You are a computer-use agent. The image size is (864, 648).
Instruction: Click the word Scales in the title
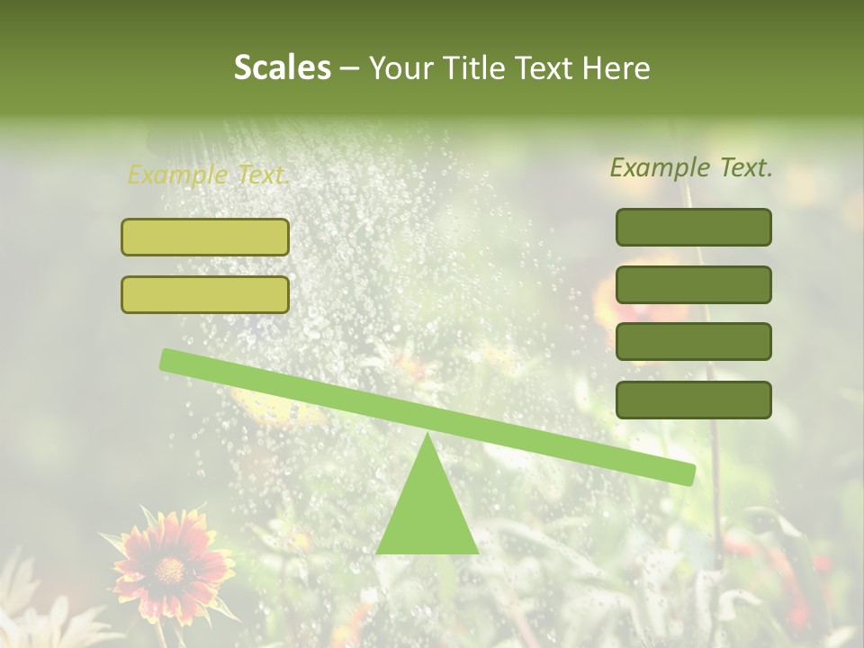pos(283,67)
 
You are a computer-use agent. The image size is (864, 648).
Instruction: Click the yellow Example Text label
pos(208,175)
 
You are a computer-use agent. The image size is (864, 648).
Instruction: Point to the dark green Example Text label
pos(691,167)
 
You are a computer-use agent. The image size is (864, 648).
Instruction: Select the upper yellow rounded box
pos(205,237)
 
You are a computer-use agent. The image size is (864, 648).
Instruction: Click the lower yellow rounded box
pos(205,294)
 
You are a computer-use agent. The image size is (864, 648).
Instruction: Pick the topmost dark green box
pos(693,227)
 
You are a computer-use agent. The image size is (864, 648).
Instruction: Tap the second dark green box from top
pos(693,284)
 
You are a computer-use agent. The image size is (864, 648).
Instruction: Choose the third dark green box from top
pos(693,342)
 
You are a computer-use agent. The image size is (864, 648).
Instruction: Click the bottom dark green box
pos(693,400)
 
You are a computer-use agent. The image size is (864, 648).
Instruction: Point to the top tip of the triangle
pos(427,436)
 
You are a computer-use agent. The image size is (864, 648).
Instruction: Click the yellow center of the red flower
pos(168,569)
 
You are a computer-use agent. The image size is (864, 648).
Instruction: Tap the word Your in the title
pos(400,67)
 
